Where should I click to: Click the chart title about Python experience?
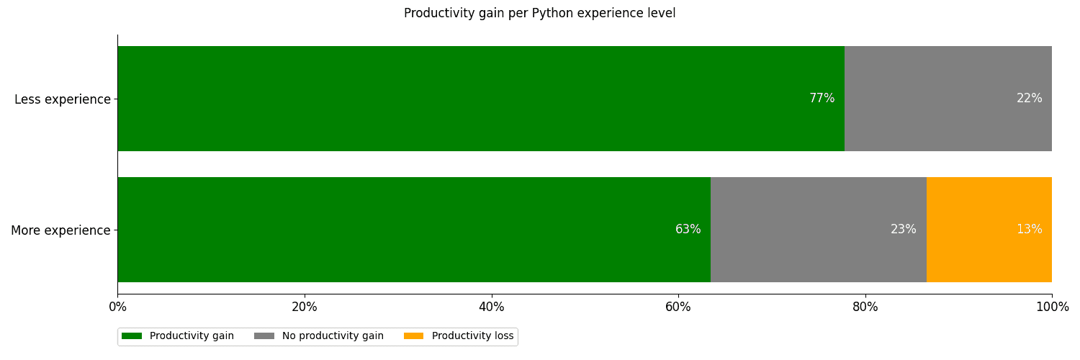[539, 13]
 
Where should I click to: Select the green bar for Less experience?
[480, 99]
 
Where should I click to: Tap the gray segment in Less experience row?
[948, 99]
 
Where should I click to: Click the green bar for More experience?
[413, 230]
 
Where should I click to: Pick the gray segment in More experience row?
[818, 230]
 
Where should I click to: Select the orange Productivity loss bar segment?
[989, 230]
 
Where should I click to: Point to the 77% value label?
[822, 99]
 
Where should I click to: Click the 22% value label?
[1029, 99]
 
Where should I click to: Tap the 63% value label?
[688, 230]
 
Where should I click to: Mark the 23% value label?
[903, 230]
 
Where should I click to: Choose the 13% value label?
[1029, 230]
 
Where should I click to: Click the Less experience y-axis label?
[63, 99]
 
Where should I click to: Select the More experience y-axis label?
[60, 230]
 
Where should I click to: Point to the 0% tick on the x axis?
[117, 307]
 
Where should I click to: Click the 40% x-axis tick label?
[492, 307]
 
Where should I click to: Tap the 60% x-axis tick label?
[678, 307]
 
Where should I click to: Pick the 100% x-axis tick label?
[1052, 307]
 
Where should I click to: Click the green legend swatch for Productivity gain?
[132, 336]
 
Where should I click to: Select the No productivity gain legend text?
[333, 336]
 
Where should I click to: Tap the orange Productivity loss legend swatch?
[413, 336]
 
